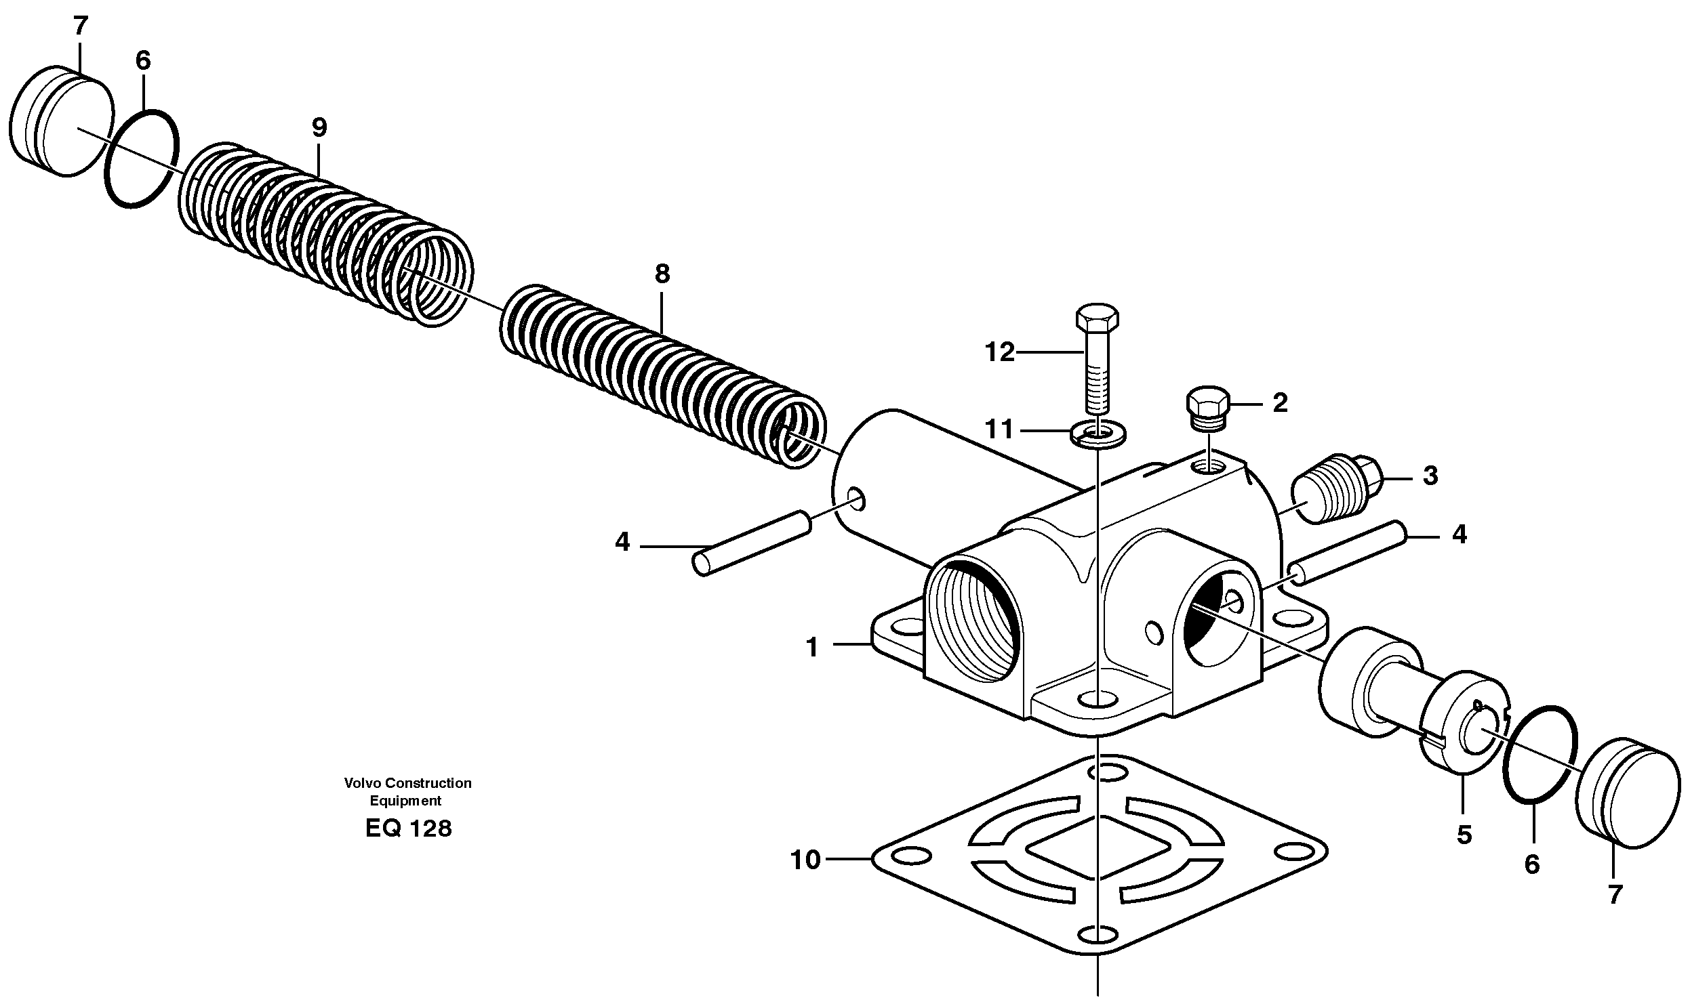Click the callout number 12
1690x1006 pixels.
point(999,352)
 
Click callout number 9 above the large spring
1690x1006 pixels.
point(319,127)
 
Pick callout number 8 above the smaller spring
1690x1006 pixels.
point(662,274)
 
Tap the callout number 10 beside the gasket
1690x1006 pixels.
point(805,860)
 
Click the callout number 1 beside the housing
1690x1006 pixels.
point(811,648)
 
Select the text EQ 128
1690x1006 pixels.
point(408,829)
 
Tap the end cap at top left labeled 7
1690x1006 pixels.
point(61,122)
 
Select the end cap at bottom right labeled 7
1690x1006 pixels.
point(1628,793)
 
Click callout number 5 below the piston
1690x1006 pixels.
point(1464,835)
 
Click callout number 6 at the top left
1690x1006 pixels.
point(143,60)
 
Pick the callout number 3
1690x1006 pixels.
point(1430,476)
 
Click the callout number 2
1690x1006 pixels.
point(1280,403)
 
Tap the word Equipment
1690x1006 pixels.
point(405,801)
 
